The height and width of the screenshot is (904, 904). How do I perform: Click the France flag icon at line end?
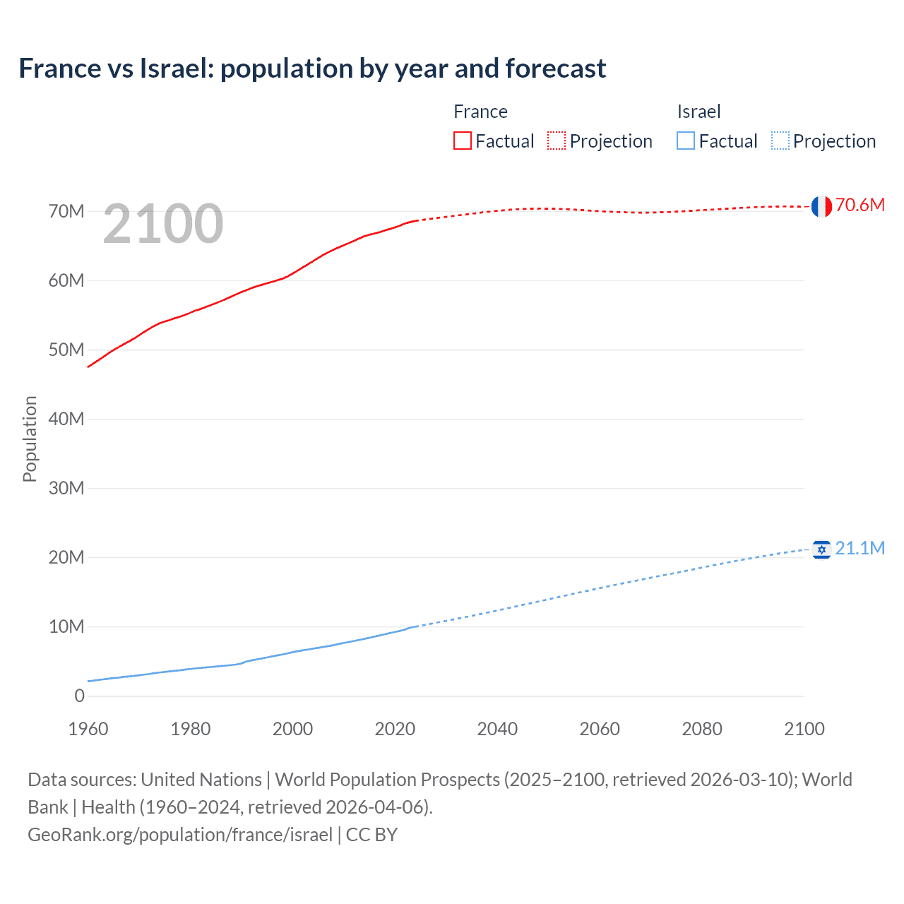click(x=821, y=206)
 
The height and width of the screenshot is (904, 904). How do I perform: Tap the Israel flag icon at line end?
click(x=821, y=549)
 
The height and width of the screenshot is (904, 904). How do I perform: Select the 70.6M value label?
click(x=860, y=205)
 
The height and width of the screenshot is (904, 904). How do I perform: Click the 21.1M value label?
click(x=860, y=548)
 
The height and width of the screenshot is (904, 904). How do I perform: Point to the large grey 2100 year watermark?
click(x=163, y=224)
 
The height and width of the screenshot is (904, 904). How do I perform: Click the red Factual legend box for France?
click(x=463, y=141)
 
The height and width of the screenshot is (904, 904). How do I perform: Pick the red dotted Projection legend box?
click(x=557, y=141)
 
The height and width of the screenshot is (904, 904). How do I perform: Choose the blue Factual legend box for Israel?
click(x=686, y=141)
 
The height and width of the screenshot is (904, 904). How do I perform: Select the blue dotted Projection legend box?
click(x=780, y=141)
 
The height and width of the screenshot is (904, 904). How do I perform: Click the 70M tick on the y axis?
click(x=66, y=211)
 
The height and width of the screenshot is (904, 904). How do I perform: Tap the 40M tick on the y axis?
click(x=66, y=419)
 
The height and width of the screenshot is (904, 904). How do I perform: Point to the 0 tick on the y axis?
click(x=79, y=696)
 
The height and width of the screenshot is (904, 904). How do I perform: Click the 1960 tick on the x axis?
click(x=88, y=729)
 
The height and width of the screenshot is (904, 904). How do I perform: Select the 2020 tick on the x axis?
click(x=395, y=729)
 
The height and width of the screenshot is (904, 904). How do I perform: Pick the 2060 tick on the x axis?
click(x=600, y=729)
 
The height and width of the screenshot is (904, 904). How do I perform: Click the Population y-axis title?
click(x=30, y=439)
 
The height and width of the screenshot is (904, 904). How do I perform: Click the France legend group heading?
click(x=480, y=112)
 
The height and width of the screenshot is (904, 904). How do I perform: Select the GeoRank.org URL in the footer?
click(x=180, y=834)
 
